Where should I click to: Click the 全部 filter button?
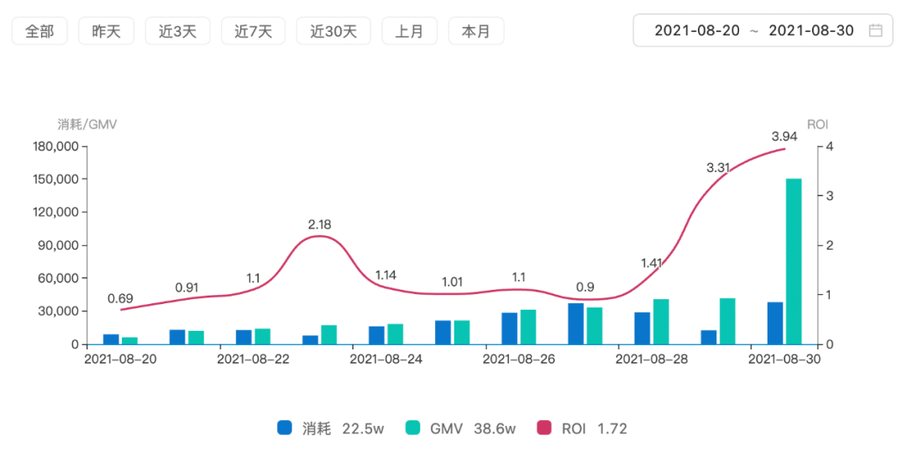pos(39,31)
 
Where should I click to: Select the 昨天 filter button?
pos(106,31)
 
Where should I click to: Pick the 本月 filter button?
pos(476,31)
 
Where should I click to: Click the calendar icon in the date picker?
pos(875,31)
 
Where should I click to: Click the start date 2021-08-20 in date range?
pos(697,31)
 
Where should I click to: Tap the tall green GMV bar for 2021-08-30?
pos(794,261)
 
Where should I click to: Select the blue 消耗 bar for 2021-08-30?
pos(774,323)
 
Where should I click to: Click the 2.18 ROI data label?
pos(320,224)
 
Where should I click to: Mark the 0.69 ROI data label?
pos(120,298)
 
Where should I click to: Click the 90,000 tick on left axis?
pos(57,245)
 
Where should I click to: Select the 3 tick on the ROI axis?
pos(830,196)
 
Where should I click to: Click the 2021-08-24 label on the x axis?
pos(385,359)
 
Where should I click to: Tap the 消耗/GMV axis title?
pos(87,124)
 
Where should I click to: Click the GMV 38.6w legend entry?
pos(459,428)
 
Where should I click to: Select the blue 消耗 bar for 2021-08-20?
pos(111,339)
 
